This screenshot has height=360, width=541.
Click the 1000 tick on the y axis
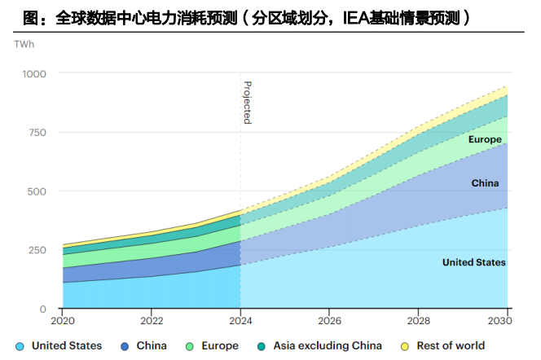[35, 73]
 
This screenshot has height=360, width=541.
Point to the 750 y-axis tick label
[38, 132]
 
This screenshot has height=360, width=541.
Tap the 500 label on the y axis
[38, 191]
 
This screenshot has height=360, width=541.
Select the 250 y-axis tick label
[38, 250]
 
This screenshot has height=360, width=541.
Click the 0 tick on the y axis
[44, 310]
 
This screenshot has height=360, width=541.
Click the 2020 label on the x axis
[63, 320]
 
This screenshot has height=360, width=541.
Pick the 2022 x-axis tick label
[152, 320]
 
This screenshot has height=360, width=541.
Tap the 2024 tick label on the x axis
[240, 320]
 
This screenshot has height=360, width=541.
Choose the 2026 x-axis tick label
[330, 320]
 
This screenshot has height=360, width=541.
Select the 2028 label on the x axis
[419, 320]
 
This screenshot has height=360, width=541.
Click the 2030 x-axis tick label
[507, 320]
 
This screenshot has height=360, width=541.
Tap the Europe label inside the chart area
[484, 140]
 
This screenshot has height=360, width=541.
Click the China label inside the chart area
[485, 183]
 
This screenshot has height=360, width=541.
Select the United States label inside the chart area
[473, 262]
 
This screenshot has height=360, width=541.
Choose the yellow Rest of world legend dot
[405, 346]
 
